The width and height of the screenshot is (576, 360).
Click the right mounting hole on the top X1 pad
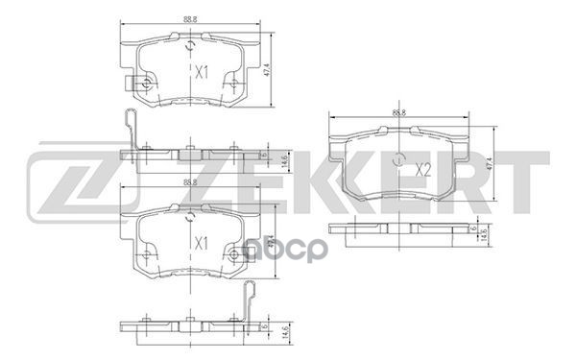(x=233, y=84)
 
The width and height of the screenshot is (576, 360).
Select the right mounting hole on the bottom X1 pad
(x=233, y=255)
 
